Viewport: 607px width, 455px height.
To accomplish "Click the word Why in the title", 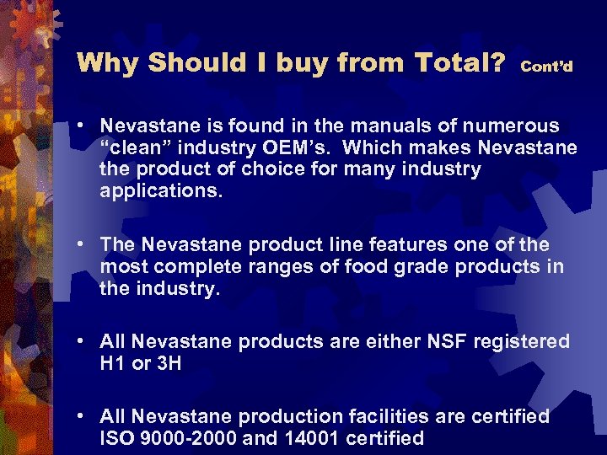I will [104, 62].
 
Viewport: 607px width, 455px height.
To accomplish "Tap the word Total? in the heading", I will [459, 62].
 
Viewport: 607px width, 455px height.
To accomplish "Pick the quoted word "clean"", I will [138, 148].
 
